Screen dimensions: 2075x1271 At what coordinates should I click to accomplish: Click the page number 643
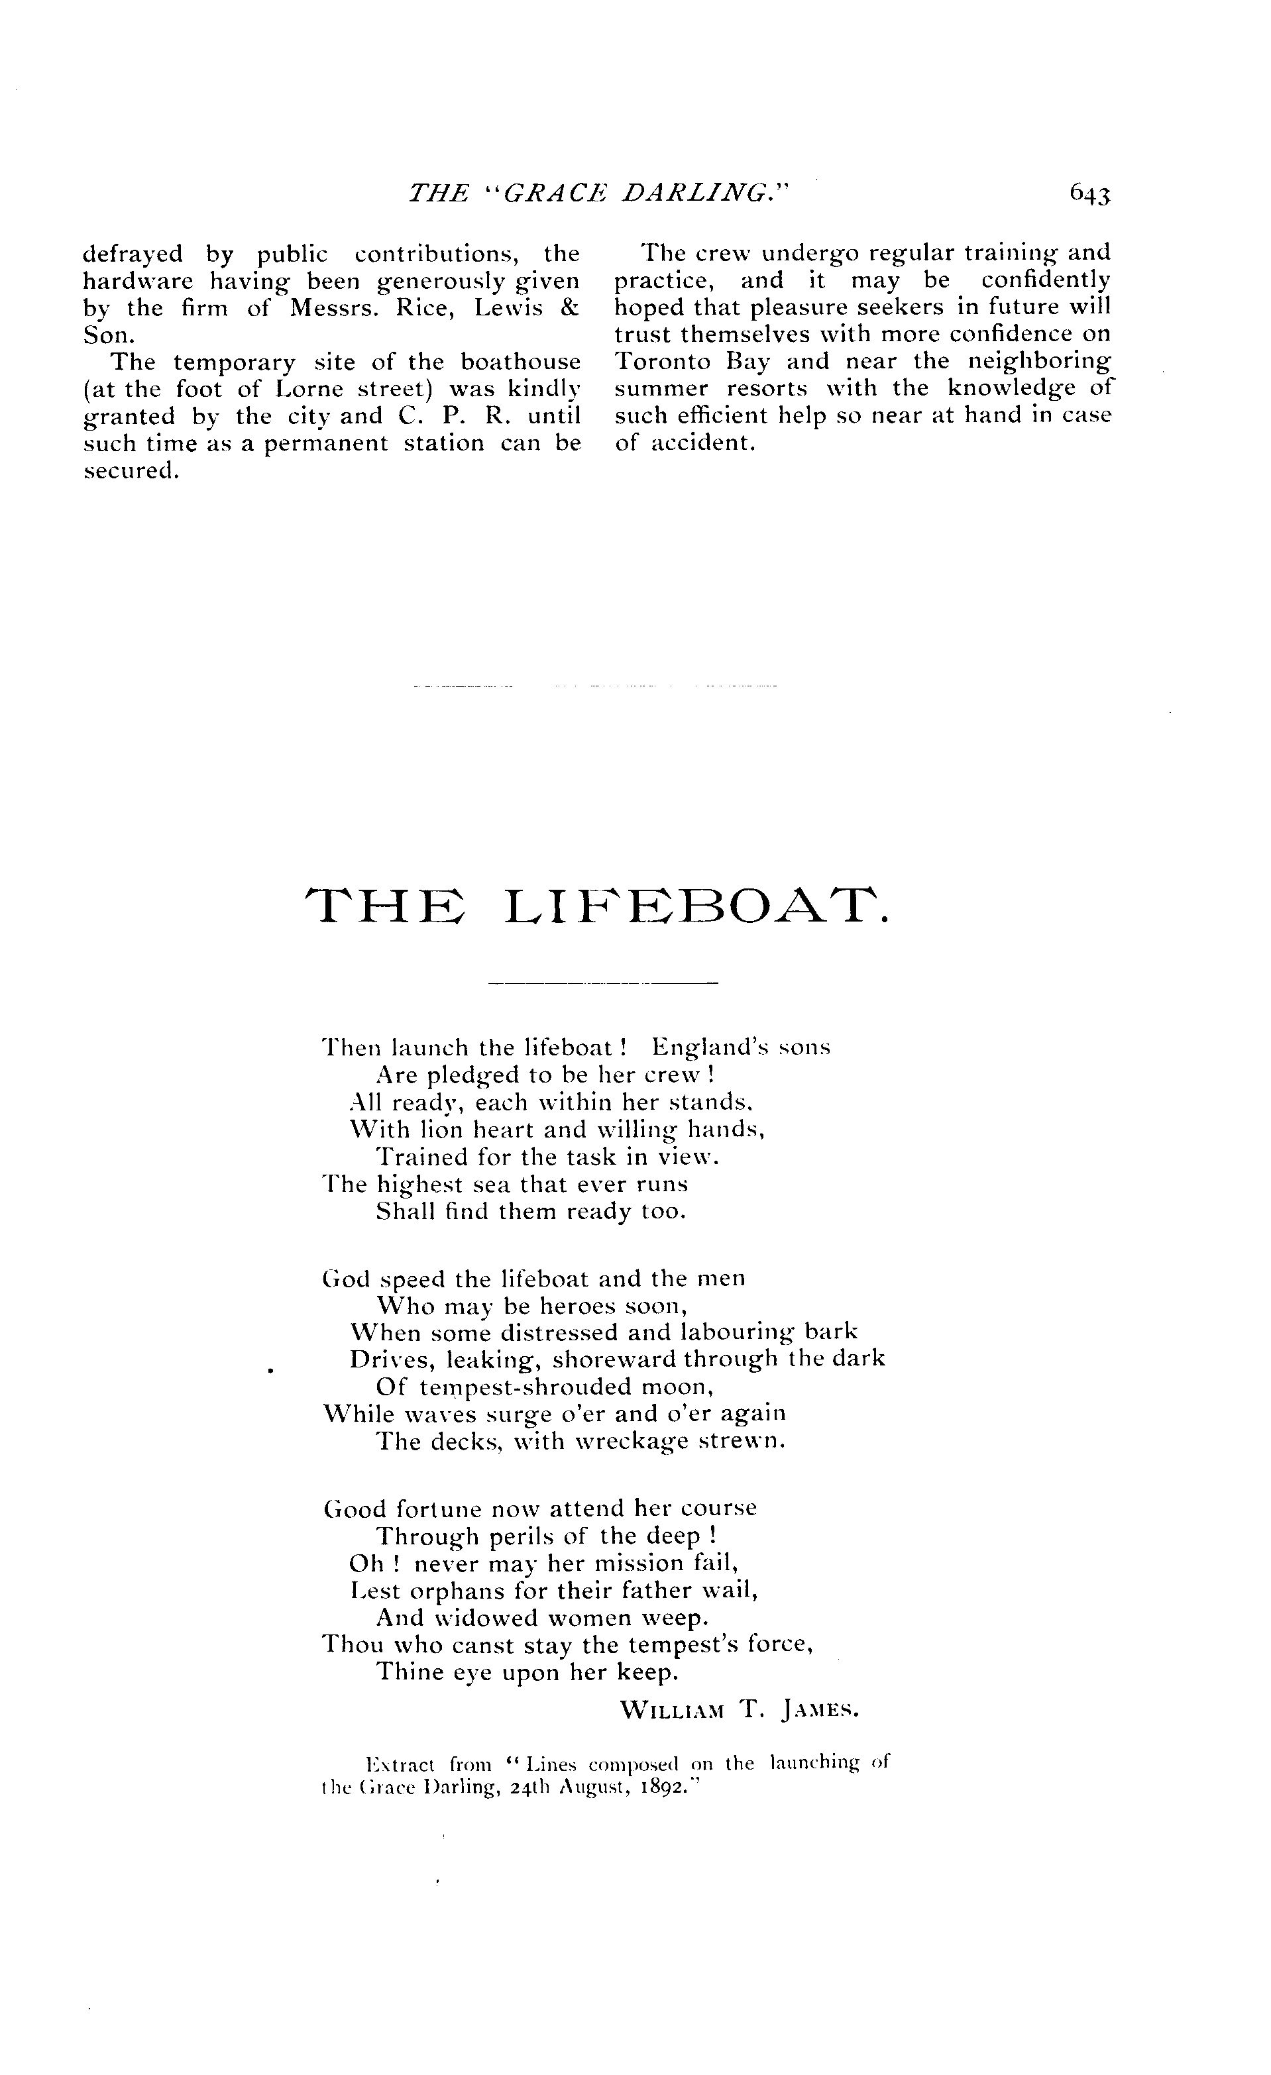click(x=1090, y=195)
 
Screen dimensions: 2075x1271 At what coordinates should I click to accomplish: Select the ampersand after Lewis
click(x=569, y=307)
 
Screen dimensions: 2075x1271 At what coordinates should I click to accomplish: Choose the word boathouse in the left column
click(x=521, y=362)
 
